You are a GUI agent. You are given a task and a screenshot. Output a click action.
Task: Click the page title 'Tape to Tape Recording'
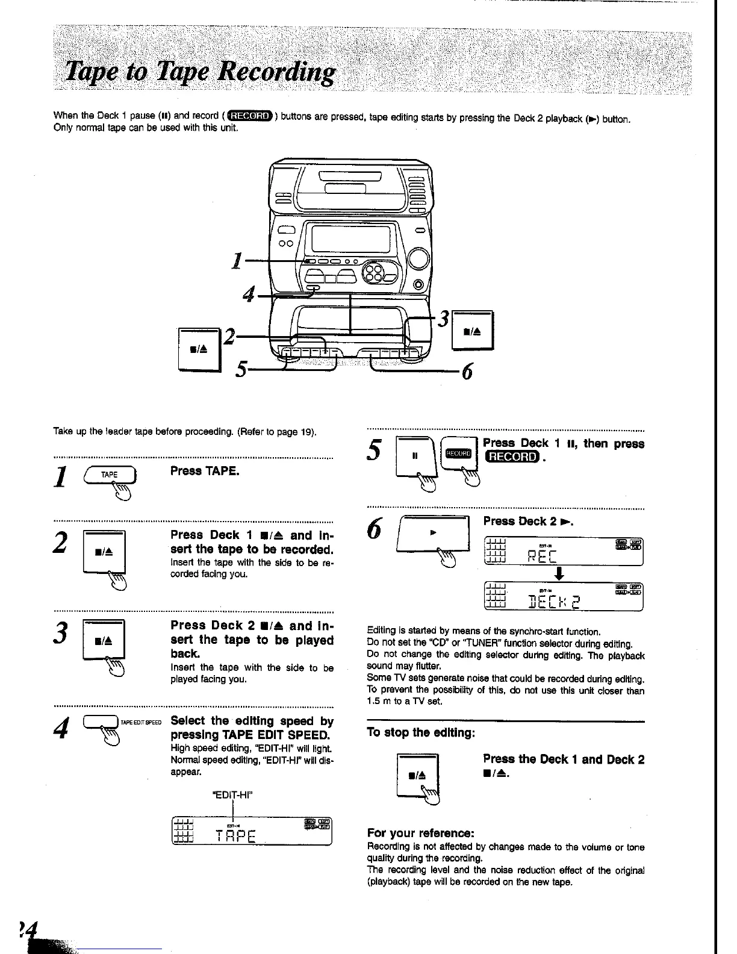click(x=200, y=73)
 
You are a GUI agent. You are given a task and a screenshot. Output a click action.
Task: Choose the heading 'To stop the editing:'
click(x=421, y=733)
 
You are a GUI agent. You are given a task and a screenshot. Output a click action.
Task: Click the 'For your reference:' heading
click(x=421, y=834)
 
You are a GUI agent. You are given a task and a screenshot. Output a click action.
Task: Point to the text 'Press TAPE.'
click(x=205, y=470)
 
